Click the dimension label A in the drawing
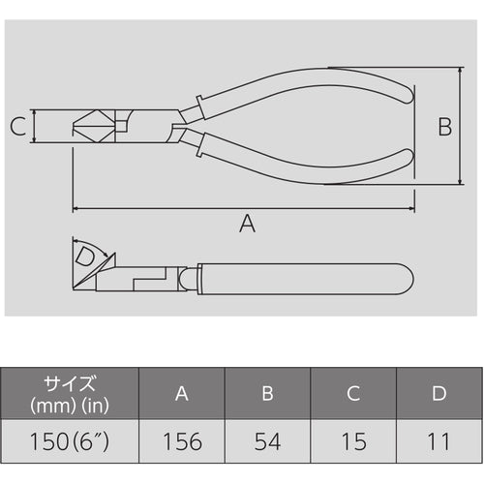[247, 224]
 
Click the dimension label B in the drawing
[444, 126]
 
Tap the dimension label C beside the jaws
[17, 126]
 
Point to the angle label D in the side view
[86, 257]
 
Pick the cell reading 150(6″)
[70, 442]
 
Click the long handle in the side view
[300, 279]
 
